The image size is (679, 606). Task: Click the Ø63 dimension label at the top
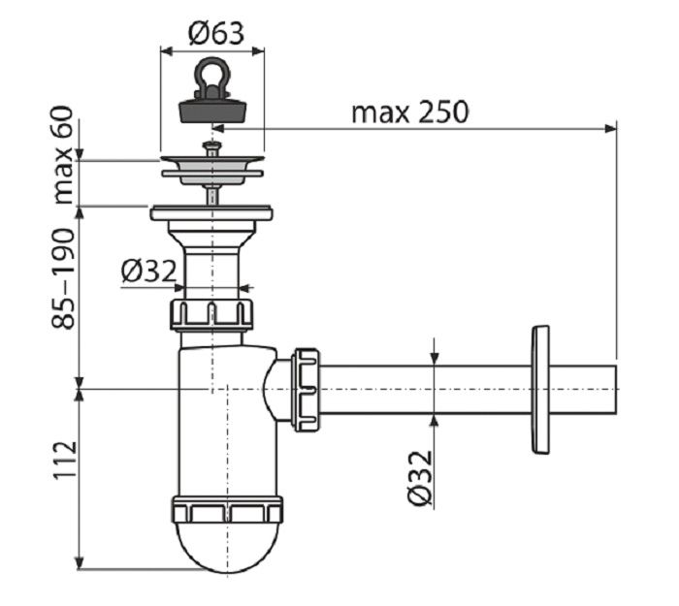tap(216, 33)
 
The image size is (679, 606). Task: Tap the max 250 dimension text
tap(409, 112)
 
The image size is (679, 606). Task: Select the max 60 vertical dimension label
tap(64, 155)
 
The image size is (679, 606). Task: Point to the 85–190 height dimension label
tap(64, 279)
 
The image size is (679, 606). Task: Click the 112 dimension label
tap(65, 461)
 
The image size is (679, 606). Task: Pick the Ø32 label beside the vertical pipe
tap(149, 271)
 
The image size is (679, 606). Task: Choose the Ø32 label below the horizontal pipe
tap(420, 478)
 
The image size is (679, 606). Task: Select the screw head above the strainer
tap(211, 146)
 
